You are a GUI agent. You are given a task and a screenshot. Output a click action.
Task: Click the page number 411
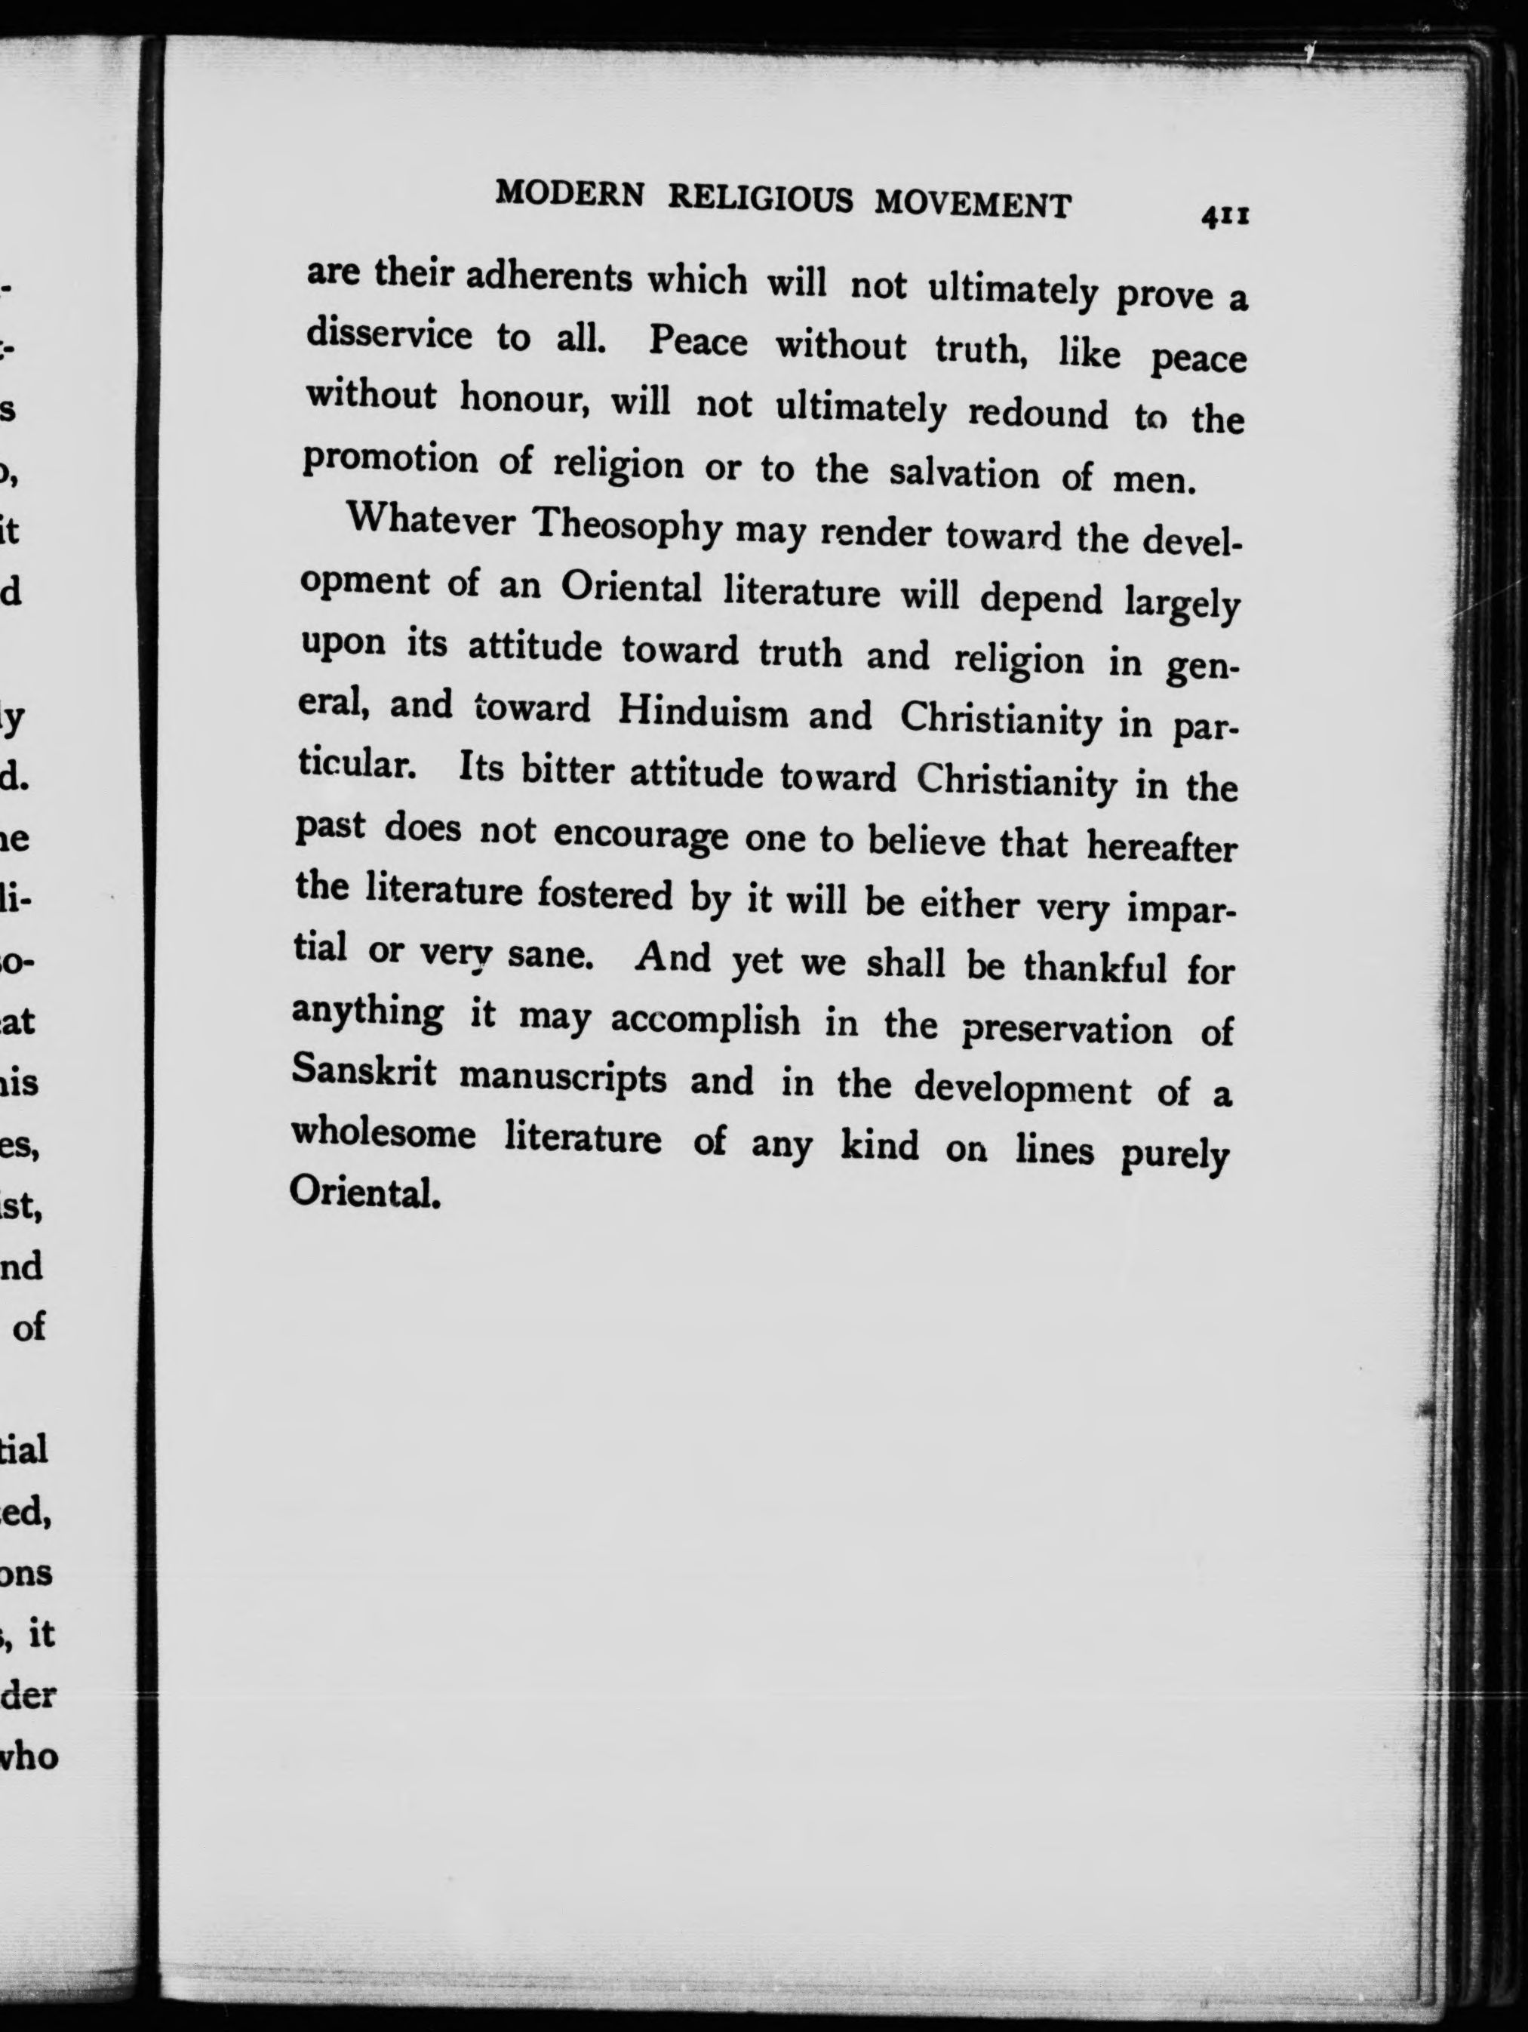[1223, 217]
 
